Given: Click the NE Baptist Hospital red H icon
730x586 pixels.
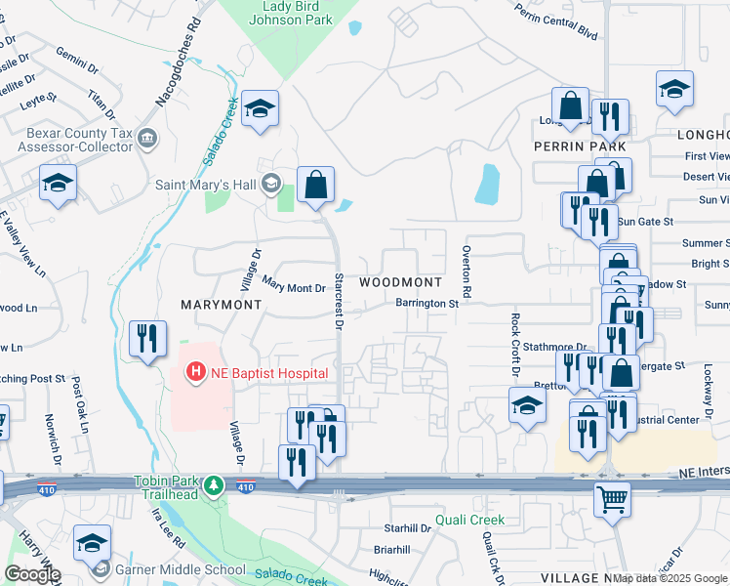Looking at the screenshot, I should tap(196, 372).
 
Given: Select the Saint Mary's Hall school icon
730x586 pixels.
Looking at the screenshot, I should tap(270, 183).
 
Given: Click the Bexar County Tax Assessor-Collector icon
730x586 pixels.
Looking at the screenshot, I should tap(147, 138).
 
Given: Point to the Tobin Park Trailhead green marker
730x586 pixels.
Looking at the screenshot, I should tap(215, 484).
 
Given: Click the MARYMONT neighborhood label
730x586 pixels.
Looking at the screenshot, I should tap(222, 304).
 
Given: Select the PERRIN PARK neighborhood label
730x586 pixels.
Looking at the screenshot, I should tap(580, 146).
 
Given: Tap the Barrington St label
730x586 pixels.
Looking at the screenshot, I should tap(426, 304).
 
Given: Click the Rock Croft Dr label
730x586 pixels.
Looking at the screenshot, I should tap(514, 345).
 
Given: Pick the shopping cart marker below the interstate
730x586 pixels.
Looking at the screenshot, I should tap(613, 499).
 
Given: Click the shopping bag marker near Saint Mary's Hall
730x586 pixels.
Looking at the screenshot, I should tap(315, 184).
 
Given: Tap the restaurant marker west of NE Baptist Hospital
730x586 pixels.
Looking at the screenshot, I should tap(147, 339).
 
